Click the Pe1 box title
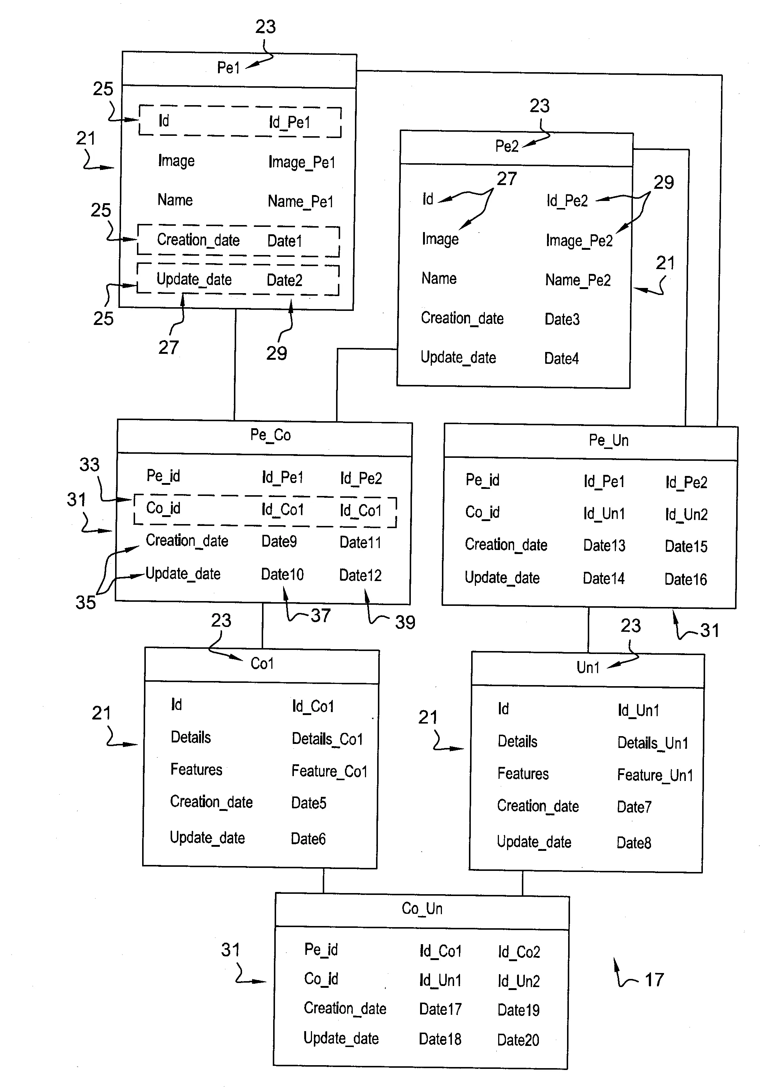[x=228, y=68]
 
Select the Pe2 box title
[x=507, y=146]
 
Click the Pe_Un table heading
[x=608, y=441]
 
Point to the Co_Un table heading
[x=422, y=909]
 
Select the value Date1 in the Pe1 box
[x=285, y=241]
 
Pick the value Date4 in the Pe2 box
[x=561, y=358]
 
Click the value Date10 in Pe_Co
[x=282, y=575]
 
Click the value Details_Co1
[x=327, y=739]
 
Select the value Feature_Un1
[x=655, y=775]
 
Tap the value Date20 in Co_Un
[x=518, y=1040]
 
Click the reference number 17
[x=654, y=980]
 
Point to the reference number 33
[x=90, y=464]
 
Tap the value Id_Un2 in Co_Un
[x=519, y=981]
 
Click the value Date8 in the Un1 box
[x=634, y=843]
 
